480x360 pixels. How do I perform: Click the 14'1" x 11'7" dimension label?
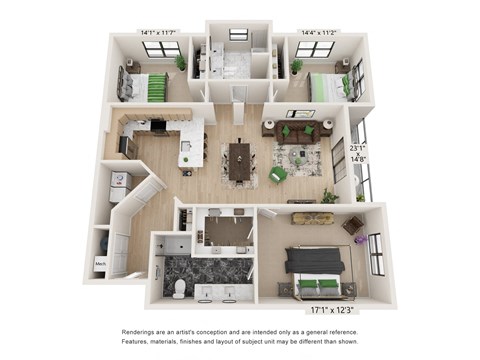coord(158,33)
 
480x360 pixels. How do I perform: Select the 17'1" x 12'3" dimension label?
coord(332,310)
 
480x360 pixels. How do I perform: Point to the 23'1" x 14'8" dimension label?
coord(358,153)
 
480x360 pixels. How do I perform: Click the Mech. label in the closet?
coord(100,264)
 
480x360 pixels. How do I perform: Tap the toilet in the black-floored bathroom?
coord(179,289)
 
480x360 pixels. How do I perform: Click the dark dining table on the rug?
coord(240,161)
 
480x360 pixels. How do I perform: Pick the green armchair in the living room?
coord(278,174)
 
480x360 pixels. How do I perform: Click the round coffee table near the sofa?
coord(298,157)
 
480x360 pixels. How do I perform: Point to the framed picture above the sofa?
coord(300,114)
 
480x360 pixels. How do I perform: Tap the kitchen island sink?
coord(186,146)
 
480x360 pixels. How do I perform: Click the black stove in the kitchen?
coord(158,126)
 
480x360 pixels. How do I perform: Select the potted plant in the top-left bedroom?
coord(181,63)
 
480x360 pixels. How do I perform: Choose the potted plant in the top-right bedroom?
coord(296,67)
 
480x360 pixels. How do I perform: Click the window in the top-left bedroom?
coord(161,49)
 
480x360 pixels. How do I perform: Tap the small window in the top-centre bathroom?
coord(238,34)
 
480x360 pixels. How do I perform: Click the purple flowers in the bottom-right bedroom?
coord(361,239)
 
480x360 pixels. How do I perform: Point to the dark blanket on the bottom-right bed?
coord(314,260)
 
